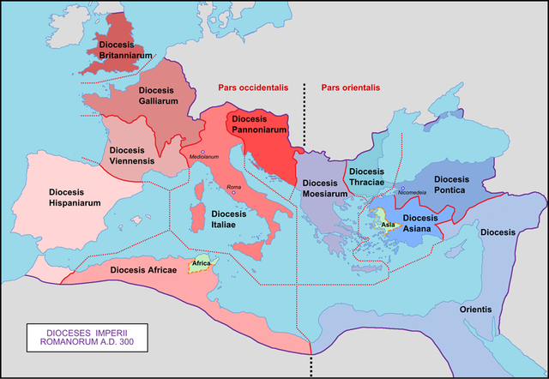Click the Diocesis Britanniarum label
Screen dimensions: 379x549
click(125, 49)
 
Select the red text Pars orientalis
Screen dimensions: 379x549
click(350, 87)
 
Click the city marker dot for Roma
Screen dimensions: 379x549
click(232, 194)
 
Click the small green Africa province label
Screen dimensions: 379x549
click(202, 263)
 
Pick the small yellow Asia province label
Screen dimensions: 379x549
click(388, 225)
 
